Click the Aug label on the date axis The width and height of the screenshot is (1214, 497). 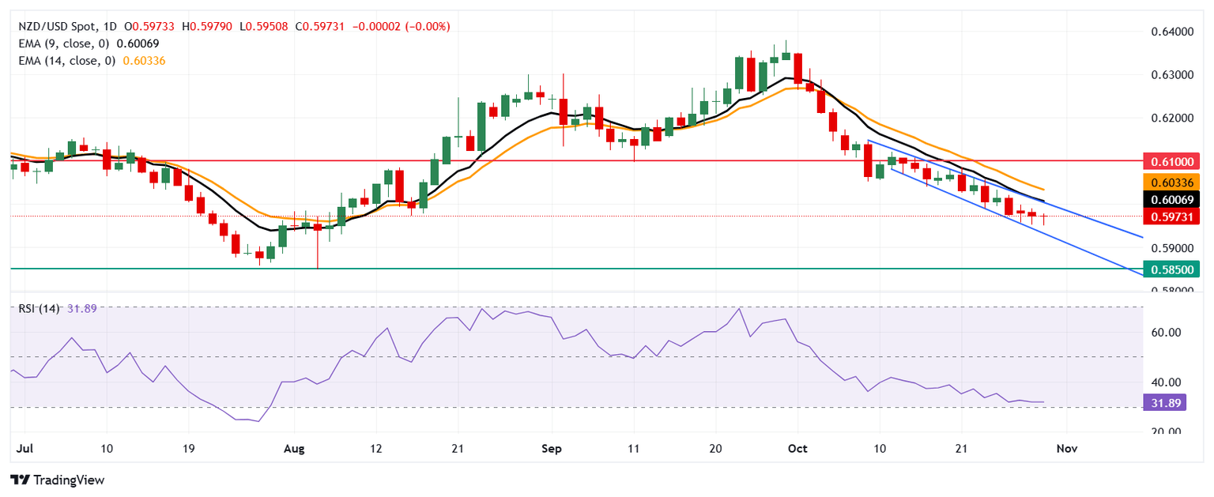[x=293, y=448]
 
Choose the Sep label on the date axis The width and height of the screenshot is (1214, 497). [x=552, y=448]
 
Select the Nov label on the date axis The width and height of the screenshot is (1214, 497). [x=1068, y=448]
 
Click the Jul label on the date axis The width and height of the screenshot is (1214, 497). [x=23, y=448]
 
